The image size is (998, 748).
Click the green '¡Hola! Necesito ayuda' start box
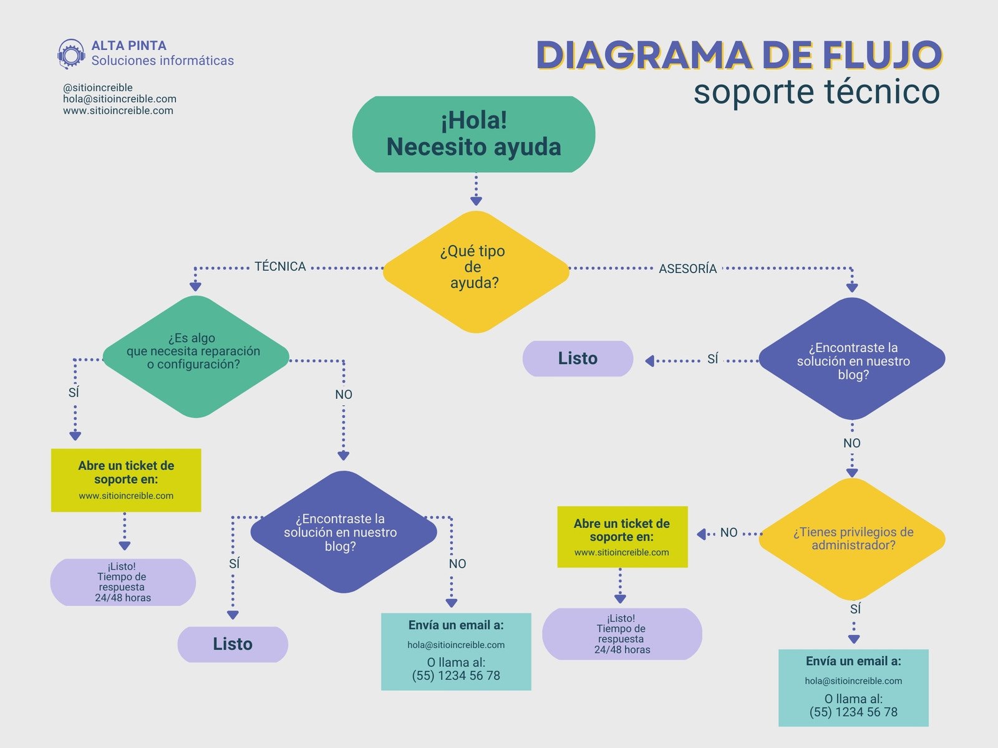[x=473, y=134]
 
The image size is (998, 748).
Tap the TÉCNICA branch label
[x=280, y=267]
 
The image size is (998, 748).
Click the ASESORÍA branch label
[x=687, y=269]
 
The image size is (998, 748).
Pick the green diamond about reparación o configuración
[x=195, y=357]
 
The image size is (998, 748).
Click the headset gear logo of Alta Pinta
[x=71, y=54]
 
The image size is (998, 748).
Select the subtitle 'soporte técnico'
[x=816, y=92]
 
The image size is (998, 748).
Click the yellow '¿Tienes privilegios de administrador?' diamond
[x=852, y=539]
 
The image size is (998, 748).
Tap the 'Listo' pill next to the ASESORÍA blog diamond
[x=578, y=358]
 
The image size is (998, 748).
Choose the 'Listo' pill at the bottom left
[x=233, y=644]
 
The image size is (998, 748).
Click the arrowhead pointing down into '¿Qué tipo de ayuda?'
[x=476, y=201]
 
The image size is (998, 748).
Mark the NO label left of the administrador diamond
[x=729, y=533]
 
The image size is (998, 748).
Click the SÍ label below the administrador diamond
[x=855, y=609]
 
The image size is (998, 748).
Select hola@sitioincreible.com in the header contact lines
[x=120, y=99]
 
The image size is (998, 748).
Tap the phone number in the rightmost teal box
[x=853, y=712]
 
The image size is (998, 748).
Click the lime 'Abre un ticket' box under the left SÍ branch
[x=126, y=480]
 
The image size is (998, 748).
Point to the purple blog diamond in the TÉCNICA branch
[x=343, y=532]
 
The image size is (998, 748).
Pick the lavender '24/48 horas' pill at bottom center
[x=622, y=634]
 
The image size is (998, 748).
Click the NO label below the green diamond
[x=344, y=395]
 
